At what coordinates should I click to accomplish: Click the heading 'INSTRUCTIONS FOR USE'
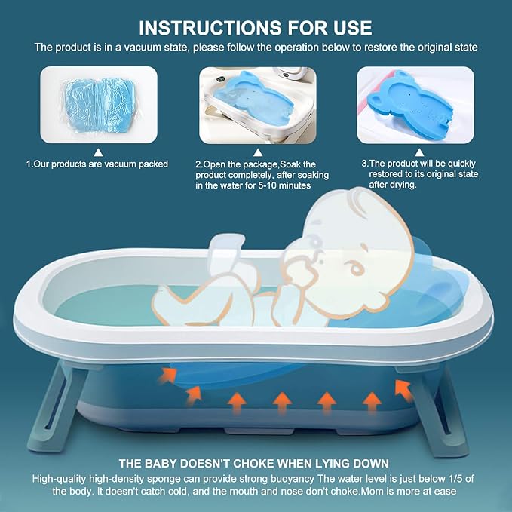[x=256, y=28]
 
